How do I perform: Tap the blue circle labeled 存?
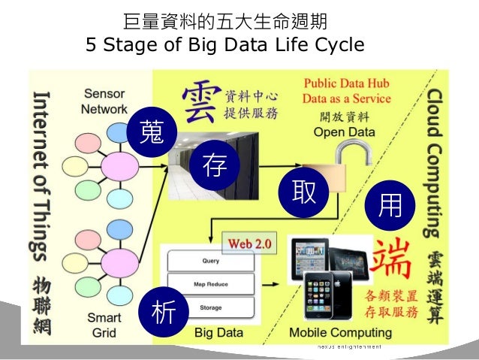click(x=214, y=166)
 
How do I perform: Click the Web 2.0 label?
click(x=250, y=244)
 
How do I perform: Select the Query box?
click(x=211, y=262)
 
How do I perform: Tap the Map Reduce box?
click(x=211, y=284)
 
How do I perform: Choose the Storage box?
click(x=211, y=307)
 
